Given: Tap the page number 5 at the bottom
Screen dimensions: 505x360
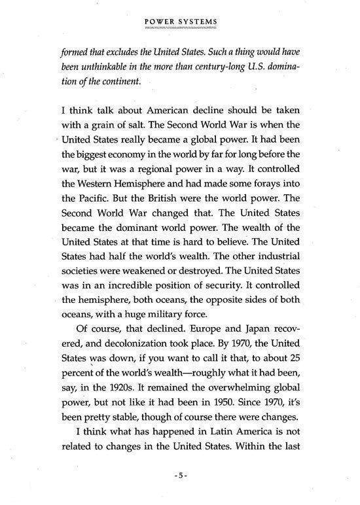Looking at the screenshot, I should [180, 476].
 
